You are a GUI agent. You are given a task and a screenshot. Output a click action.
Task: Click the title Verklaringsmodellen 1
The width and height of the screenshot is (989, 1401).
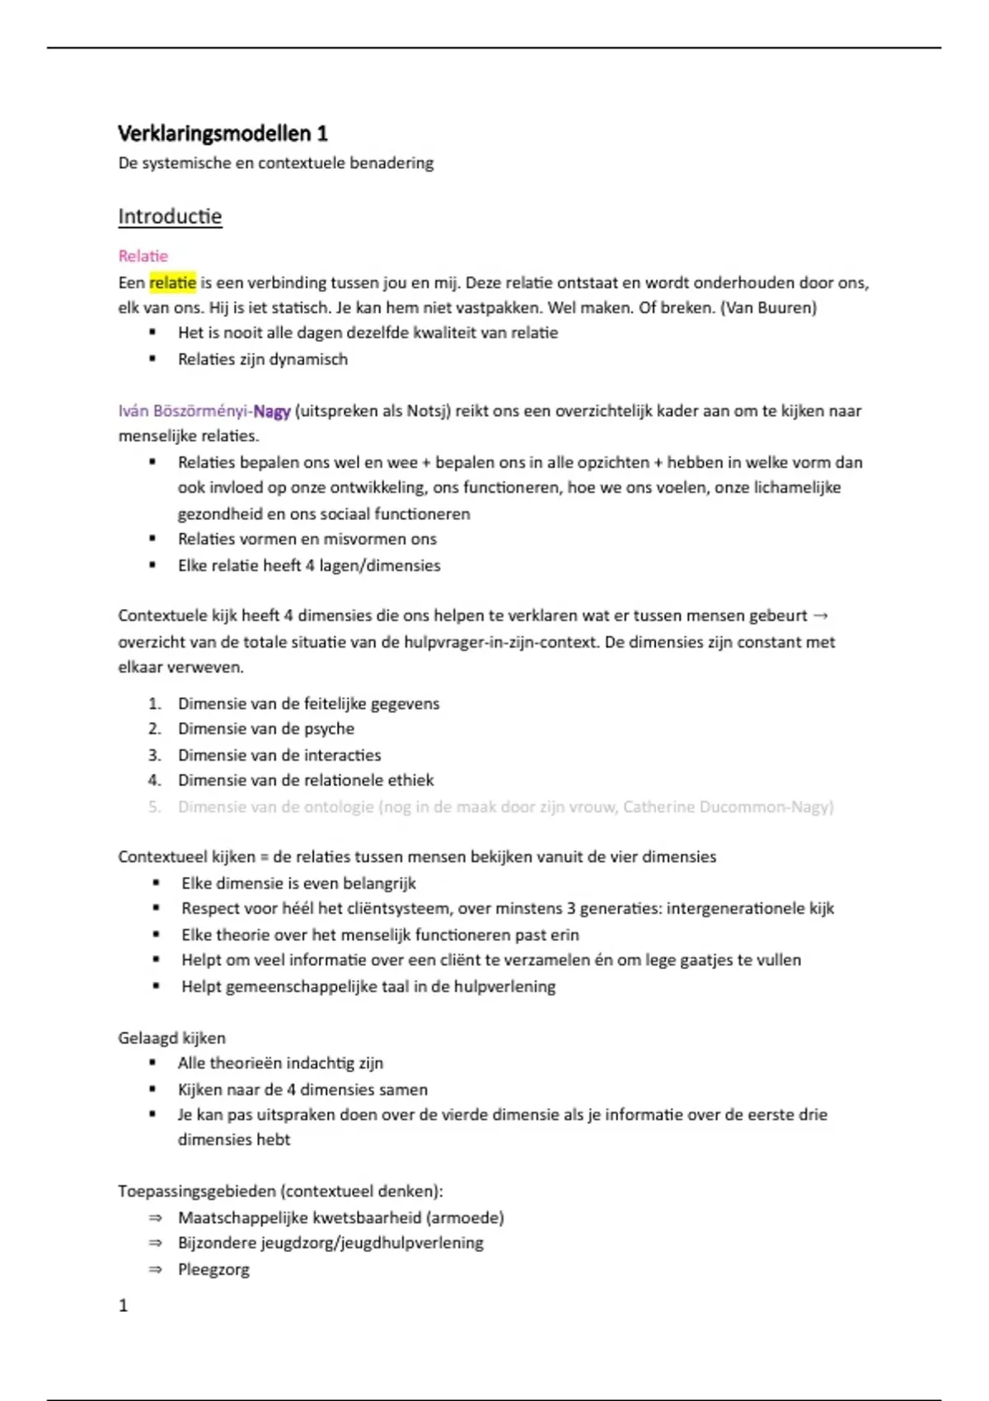point(223,134)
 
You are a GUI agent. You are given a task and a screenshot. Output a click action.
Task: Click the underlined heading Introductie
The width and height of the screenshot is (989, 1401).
point(170,217)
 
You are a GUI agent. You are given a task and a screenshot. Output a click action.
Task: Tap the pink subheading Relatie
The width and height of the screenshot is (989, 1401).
point(143,256)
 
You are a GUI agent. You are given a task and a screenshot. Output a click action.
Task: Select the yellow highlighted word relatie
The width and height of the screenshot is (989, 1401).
point(172,283)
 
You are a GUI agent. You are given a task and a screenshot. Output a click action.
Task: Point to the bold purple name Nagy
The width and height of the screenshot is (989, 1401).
point(272,411)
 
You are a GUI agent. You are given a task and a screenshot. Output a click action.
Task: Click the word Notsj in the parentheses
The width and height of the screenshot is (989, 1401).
point(428,411)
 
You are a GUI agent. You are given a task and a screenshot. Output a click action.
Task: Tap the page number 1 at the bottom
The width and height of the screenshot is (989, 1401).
point(124,1305)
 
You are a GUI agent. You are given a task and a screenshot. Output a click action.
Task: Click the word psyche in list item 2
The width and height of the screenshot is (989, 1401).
point(329,729)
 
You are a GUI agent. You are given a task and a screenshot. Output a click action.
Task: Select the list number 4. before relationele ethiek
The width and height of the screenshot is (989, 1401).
point(154,780)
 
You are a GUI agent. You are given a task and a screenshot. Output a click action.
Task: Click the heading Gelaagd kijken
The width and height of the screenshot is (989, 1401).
point(171,1038)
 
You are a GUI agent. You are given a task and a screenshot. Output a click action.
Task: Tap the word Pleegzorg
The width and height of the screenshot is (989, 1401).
point(213,1270)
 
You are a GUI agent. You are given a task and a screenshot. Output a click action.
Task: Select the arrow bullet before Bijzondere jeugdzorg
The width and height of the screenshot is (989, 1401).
point(155,1244)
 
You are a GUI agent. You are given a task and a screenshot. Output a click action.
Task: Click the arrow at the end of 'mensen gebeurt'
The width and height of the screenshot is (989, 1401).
point(820,616)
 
